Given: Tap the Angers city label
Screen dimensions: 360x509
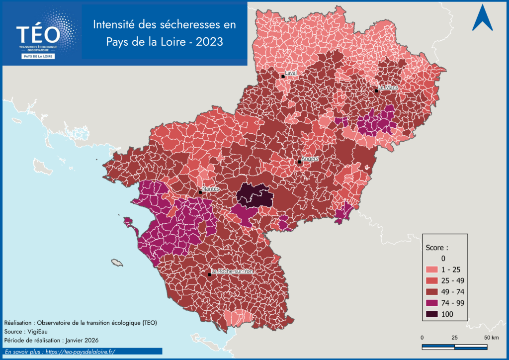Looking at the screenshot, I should click(310, 159).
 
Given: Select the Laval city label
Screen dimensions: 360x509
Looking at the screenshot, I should click(291, 73).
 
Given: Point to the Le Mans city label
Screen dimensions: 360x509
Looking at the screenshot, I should click(388, 88).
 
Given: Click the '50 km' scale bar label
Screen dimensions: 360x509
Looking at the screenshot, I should click(491, 338).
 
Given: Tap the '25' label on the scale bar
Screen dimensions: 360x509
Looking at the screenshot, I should click(454, 338).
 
